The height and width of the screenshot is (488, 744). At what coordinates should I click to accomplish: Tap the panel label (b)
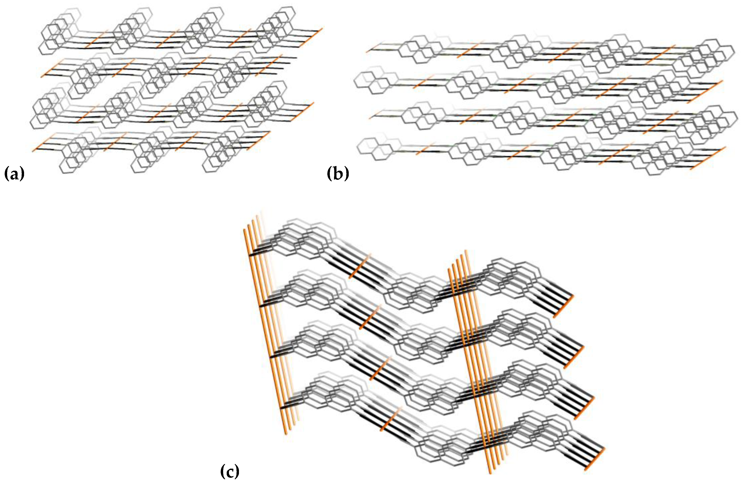pos(338,174)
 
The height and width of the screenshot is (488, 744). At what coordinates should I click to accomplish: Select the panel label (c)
pos(230,472)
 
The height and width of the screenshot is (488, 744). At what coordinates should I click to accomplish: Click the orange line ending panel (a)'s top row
pos(310,37)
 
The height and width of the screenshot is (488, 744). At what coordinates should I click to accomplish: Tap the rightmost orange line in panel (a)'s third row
pos(302,112)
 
